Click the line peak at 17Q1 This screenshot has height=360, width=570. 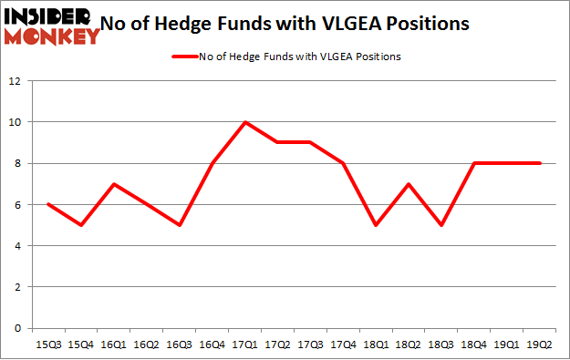[x=245, y=122]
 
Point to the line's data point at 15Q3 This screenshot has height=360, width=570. [x=48, y=204]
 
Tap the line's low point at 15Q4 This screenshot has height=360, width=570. [x=81, y=225]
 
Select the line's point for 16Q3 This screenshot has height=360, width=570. [x=180, y=225]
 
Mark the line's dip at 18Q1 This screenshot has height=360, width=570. [x=377, y=225]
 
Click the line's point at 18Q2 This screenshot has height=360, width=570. [x=409, y=184]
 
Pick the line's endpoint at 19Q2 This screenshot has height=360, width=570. [x=541, y=163]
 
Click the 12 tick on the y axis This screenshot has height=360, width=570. [x=16, y=81]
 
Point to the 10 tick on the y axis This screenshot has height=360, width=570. [x=16, y=122]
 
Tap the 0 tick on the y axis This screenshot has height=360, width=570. [x=18, y=328]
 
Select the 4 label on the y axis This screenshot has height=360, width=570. [x=18, y=246]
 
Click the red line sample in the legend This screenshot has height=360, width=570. [x=184, y=57]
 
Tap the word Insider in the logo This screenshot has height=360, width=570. [x=46, y=16]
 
